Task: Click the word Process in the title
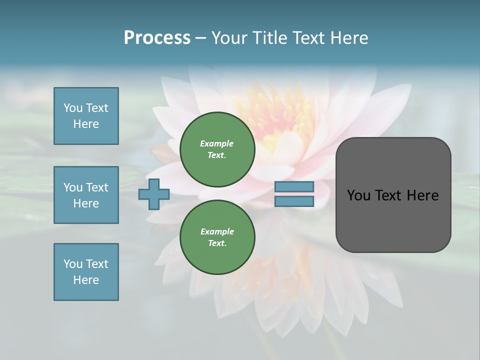pos(157,38)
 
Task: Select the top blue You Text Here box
pos(86,116)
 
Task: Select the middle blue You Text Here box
pos(86,195)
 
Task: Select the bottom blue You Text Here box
pos(86,272)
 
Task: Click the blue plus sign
pos(154,194)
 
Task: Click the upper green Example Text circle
pos(217,149)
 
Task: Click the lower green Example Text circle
pos(217,237)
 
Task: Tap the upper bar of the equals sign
pos(294,186)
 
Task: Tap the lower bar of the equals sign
pos(294,201)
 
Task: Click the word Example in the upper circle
pos(217,143)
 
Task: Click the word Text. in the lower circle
pos(217,243)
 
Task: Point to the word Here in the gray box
pos(422,195)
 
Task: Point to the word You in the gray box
pos(359,195)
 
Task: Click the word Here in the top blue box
pos(86,124)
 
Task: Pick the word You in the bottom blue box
pos(73,264)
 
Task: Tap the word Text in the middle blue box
pos(97,187)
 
